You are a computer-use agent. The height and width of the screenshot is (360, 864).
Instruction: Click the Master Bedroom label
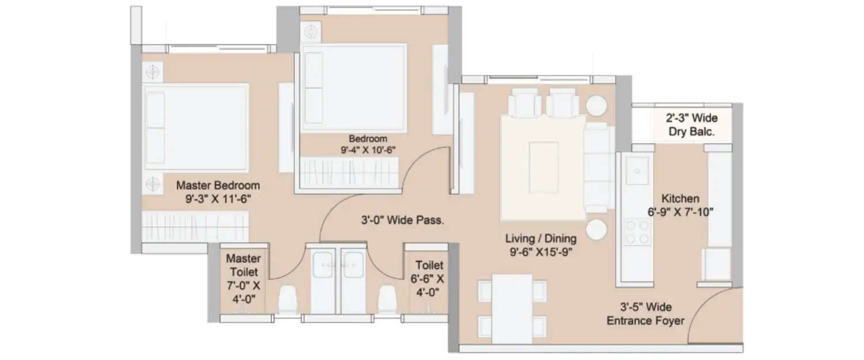218,185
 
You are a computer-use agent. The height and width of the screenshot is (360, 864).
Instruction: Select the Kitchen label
680,198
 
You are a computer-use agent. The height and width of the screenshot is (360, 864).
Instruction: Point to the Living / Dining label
541,238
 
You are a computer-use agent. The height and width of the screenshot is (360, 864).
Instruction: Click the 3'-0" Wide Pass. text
402,219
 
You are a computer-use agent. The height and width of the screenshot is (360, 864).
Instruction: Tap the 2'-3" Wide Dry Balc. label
691,124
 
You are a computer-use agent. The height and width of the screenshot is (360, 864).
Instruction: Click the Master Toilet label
243,265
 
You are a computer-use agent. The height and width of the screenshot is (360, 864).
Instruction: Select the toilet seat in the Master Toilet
287,300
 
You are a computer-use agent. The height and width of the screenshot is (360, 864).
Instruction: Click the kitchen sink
638,170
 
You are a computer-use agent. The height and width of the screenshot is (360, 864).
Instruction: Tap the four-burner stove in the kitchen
638,231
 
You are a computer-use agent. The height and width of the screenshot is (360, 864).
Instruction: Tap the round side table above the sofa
596,105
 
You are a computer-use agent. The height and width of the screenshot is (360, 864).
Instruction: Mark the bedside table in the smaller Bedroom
310,32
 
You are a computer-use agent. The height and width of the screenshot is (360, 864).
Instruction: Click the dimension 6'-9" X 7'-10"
680,211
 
